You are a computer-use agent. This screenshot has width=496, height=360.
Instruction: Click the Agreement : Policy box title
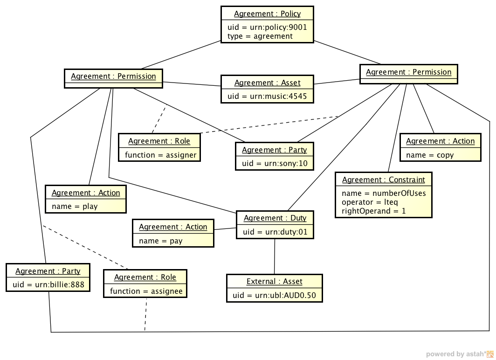coord(267,14)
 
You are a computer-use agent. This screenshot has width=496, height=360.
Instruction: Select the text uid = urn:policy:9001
coord(267,27)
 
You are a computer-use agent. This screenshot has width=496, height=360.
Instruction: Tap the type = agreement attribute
coord(260,36)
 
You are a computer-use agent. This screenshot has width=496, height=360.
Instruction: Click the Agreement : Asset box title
coord(267,83)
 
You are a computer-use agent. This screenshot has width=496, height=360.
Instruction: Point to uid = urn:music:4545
coord(267,96)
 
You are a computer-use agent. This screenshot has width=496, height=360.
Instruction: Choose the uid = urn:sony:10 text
coord(275,164)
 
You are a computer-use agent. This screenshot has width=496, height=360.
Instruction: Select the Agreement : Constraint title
coord(383,180)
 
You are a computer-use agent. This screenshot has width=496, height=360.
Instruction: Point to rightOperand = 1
coord(373,211)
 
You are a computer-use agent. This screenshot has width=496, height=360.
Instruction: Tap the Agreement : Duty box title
coord(275,218)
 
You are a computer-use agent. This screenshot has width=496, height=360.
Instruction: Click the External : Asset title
coord(274,282)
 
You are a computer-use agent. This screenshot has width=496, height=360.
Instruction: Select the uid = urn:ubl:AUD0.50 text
coord(274,295)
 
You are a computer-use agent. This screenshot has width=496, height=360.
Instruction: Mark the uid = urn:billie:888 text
coord(48,284)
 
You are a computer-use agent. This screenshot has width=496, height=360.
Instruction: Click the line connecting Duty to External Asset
coord(275,256)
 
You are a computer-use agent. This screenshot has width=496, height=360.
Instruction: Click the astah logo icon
coord(490,353)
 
